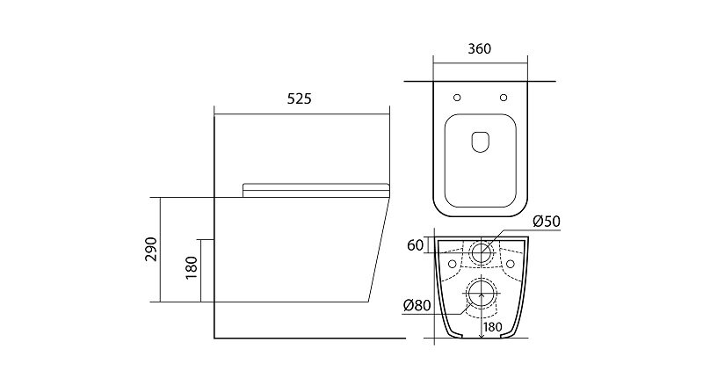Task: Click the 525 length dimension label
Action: click(x=299, y=98)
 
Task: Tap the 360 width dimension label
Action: click(x=479, y=48)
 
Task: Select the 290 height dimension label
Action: click(x=151, y=249)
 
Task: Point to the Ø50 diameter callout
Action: click(x=547, y=222)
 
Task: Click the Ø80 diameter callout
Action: click(x=417, y=306)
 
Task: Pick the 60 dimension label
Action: click(x=415, y=245)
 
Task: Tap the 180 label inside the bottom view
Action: click(x=493, y=327)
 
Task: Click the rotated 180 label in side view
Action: click(x=192, y=267)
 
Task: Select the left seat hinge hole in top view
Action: click(x=457, y=98)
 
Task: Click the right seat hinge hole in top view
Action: click(x=504, y=98)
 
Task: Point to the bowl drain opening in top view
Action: click(x=480, y=142)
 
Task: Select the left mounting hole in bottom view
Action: click(x=452, y=264)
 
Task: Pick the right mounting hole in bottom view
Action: click(x=511, y=264)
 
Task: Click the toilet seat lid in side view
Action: click(x=315, y=190)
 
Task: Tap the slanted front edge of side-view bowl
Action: click(x=379, y=250)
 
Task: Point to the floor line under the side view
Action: click(x=310, y=338)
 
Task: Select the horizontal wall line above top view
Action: click(x=480, y=81)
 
